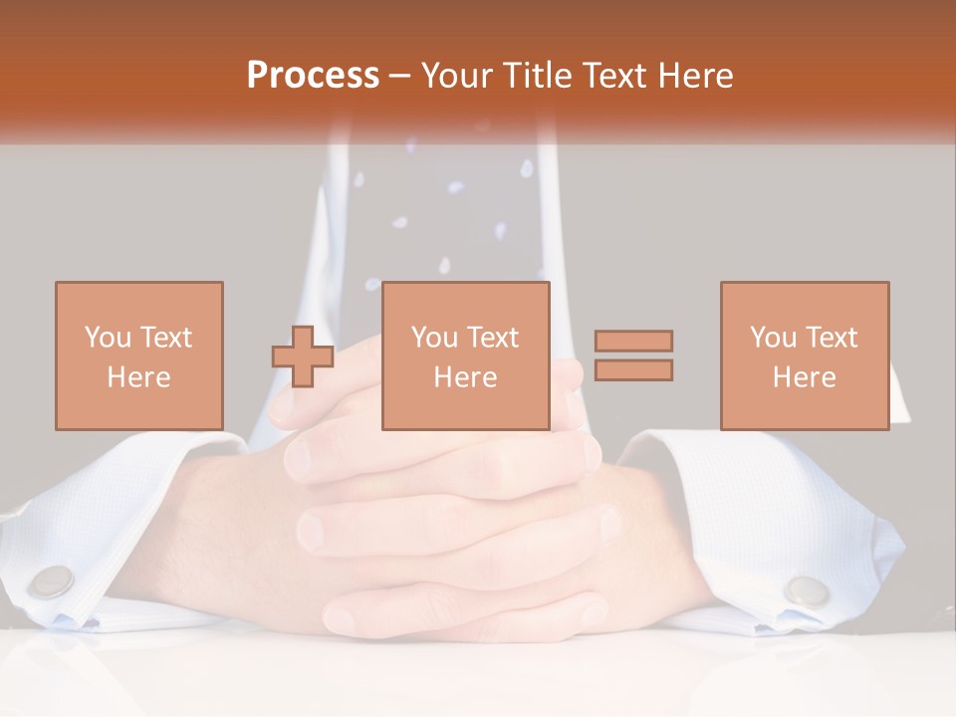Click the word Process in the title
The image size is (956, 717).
click(x=313, y=76)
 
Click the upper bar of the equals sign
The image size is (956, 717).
click(x=633, y=342)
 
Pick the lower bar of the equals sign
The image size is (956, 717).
click(x=633, y=370)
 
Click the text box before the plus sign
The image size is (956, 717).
click(x=138, y=356)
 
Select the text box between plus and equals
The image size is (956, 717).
click(x=465, y=356)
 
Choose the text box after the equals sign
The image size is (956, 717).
click(x=804, y=356)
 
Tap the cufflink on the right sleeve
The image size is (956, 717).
click(x=807, y=590)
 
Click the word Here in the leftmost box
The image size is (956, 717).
click(x=138, y=377)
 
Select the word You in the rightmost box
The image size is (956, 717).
click(x=774, y=338)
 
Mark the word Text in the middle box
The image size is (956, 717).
click(x=494, y=338)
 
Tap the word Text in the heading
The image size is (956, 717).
click(x=618, y=76)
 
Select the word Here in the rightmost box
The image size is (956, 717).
click(x=804, y=377)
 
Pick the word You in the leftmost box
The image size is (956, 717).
click(x=108, y=338)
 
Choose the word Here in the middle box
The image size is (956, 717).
click(x=465, y=377)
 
